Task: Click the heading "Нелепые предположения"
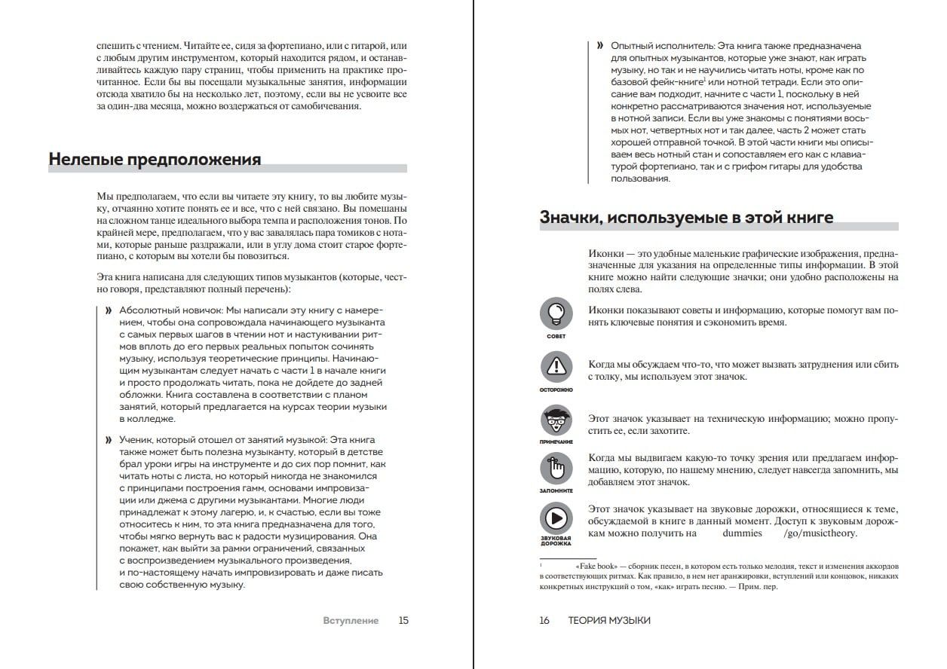[x=155, y=160]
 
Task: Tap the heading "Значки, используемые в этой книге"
[x=686, y=218]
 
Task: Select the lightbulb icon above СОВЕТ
[x=556, y=313]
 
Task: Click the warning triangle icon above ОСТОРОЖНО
[x=556, y=367]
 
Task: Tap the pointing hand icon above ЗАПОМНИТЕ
[x=556, y=469]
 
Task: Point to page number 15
[x=403, y=621]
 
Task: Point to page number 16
[x=544, y=621]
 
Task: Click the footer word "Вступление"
[x=351, y=621]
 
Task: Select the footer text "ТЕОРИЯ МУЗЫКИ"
[x=609, y=621]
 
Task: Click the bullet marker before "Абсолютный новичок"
[x=109, y=311]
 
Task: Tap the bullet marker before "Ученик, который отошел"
[x=109, y=440]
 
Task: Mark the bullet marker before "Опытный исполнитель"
[x=599, y=46]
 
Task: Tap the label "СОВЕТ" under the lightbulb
[x=556, y=336]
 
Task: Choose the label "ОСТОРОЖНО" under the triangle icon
[x=556, y=389]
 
